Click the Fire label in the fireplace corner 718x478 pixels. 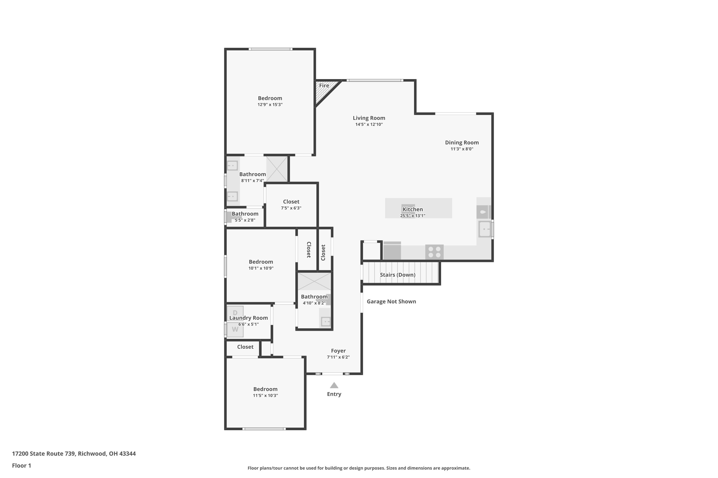coord(324,86)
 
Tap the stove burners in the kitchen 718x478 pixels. coord(434,252)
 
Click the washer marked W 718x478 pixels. coord(235,330)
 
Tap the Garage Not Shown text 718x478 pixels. coord(391,301)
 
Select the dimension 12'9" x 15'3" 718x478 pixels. coord(270,105)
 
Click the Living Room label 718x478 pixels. coord(369,118)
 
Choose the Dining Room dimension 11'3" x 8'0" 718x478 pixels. coord(462,149)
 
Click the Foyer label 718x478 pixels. coord(338,351)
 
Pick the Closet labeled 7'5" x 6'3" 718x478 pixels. coord(291,202)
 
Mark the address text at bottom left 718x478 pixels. coord(74,454)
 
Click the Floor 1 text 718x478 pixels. coord(21,466)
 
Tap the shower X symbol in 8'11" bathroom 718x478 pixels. coord(277,169)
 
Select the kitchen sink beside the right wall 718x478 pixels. coord(484,229)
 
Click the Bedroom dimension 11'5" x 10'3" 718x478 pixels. coord(265,396)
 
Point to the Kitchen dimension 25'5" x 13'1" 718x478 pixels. coord(412,216)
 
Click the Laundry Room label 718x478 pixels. coord(248,318)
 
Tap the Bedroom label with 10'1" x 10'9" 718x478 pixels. coord(261,262)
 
